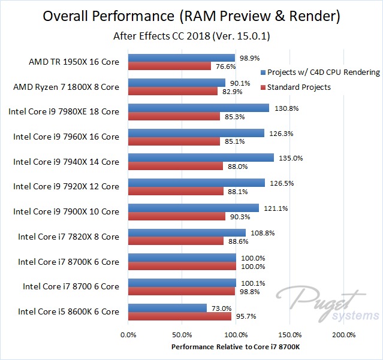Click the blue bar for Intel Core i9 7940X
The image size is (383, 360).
point(201,158)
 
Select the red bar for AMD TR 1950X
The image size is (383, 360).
point(170,66)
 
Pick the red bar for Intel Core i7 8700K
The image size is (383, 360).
point(182,266)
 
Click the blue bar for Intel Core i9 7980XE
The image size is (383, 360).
point(198,108)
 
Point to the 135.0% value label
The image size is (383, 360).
point(288,158)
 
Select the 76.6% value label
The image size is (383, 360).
point(223,66)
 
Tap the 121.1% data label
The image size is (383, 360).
point(272,208)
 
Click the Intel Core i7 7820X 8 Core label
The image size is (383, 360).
point(68,237)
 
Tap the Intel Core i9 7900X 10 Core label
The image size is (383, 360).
point(66,211)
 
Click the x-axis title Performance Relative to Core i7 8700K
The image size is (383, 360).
point(236,347)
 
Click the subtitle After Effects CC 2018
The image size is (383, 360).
point(191,37)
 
